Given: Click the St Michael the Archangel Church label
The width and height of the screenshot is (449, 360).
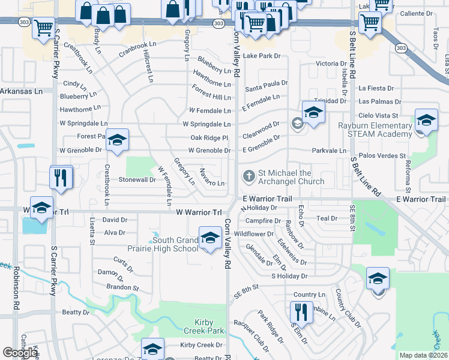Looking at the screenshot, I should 291,177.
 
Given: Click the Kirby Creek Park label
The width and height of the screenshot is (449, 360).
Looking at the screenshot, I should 200,326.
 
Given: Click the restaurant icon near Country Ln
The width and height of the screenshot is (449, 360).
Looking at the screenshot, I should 301,313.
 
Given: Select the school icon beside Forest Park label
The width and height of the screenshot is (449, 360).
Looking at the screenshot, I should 118,140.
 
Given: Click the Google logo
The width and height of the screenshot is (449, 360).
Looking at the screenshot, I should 19,353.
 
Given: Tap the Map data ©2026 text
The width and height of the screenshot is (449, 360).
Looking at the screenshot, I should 423,355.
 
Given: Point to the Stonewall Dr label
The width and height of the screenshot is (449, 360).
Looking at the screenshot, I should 137,179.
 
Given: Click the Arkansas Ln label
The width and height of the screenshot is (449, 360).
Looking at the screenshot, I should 21,91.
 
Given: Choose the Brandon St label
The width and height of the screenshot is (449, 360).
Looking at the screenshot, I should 122,288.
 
